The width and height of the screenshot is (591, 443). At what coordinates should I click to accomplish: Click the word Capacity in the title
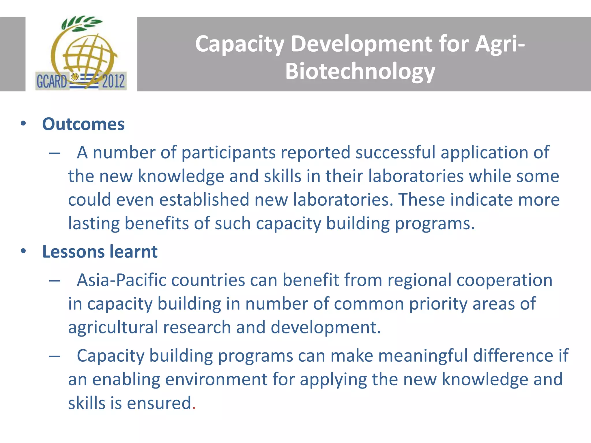pyautogui.click(x=240, y=44)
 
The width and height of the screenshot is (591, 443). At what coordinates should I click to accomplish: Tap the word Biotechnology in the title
pyautogui.click(x=360, y=71)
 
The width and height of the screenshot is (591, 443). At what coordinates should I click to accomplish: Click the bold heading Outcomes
pyautogui.click(x=83, y=124)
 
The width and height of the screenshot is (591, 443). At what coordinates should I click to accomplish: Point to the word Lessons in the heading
pyautogui.click(x=73, y=251)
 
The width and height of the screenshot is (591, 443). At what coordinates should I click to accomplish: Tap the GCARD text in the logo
pyautogui.click(x=51, y=81)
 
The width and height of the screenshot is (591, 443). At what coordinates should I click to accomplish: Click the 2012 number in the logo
pyautogui.click(x=113, y=81)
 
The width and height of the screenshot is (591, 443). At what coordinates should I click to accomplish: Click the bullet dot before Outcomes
pyautogui.click(x=23, y=124)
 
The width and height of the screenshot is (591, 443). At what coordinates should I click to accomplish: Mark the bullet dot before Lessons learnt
pyautogui.click(x=23, y=251)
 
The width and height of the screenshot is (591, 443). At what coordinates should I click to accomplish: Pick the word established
pyautogui.click(x=204, y=200)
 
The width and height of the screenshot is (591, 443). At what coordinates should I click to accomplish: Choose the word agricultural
pyautogui.click(x=113, y=327)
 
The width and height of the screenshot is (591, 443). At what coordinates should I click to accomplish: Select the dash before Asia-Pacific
pyautogui.click(x=55, y=281)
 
